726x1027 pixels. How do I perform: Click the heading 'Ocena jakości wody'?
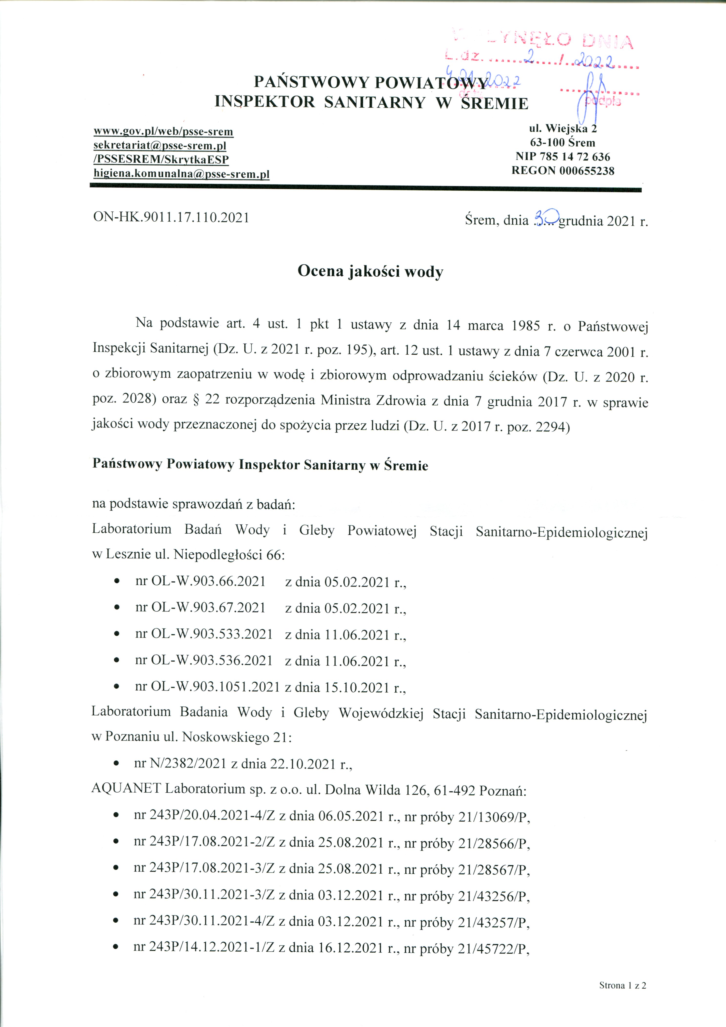click(370, 271)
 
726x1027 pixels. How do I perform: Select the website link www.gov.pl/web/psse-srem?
click(163, 131)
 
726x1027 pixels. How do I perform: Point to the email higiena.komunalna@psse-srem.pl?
click(181, 174)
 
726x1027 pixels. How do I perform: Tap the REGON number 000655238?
click(586, 170)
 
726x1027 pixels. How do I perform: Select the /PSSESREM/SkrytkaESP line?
click(161, 160)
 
